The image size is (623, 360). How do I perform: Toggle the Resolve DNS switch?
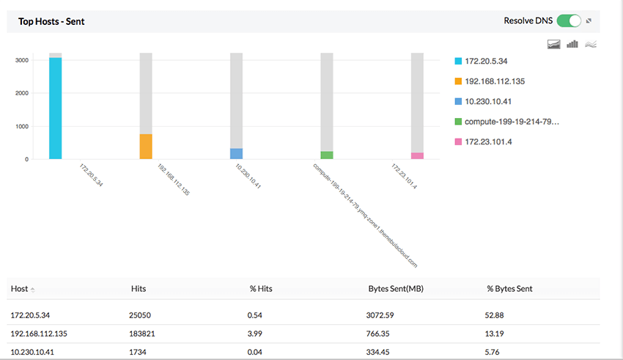click(x=569, y=21)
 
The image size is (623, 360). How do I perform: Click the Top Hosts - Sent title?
click(x=51, y=21)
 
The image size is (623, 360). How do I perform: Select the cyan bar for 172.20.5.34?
click(x=56, y=108)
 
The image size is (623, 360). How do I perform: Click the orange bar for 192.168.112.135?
click(x=146, y=146)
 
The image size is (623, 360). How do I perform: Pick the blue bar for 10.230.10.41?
click(x=236, y=153)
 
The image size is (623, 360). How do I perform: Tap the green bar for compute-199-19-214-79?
click(x=327, y=155)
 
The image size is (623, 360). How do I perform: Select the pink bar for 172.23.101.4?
click(x=417, y=155)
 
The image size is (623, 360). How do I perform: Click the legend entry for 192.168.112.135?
click(x=495, y=81)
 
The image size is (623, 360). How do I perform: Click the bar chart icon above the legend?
click(x=572, y=44)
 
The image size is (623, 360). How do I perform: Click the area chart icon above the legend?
click(x=554, y=44)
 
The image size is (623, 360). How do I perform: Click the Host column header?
click(x=20, y=289)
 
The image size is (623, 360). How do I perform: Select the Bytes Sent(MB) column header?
click(x=395, y=289)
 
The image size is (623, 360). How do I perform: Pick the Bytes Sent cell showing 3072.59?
click(x=380, y=315)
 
